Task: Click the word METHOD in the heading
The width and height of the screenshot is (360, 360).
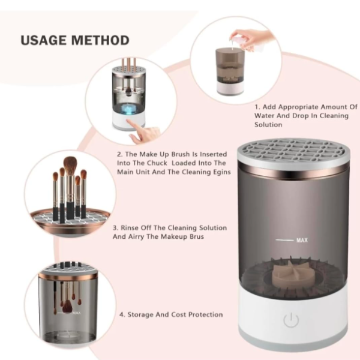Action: [100, 40]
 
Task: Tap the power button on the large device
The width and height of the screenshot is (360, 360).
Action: [291, 320]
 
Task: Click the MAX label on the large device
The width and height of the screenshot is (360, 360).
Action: [302, 240]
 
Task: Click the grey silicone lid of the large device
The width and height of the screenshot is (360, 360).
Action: [293, 152]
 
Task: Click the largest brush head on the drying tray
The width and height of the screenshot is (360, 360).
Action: [70, 164]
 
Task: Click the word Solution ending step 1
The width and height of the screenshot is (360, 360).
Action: [268, 125]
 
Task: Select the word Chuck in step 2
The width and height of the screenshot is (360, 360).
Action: [157, 163]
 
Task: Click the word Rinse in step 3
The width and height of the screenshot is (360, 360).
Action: [130, 228]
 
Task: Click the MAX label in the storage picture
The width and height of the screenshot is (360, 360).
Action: [76, 313]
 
